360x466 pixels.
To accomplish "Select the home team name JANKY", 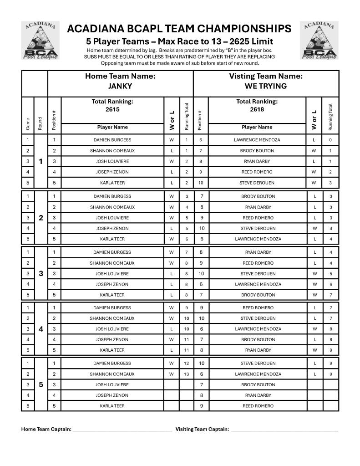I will coord(120,86).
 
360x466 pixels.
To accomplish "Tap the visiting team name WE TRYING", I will coord(266,86).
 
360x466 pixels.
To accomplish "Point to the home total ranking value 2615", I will coord(112,109).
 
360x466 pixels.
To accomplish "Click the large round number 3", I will coord(41,273).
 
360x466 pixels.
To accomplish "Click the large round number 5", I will coord(41,384).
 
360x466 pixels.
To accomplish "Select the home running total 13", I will coord(187,374).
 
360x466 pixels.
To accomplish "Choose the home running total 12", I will coord(187,364).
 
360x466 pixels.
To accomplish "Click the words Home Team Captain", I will coord(46,429).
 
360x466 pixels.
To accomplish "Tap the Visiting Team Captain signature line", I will coord(284,430).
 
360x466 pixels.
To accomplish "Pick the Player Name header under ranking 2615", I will coord(112,128).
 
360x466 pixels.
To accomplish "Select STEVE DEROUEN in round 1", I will coord(258,183).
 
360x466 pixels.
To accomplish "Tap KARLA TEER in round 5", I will coord(112,406).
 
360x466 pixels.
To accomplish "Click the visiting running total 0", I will coord(330,140).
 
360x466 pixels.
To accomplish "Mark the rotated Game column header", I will coord(28,123).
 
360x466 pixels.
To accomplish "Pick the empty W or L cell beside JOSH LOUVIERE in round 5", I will coord(172,384).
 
